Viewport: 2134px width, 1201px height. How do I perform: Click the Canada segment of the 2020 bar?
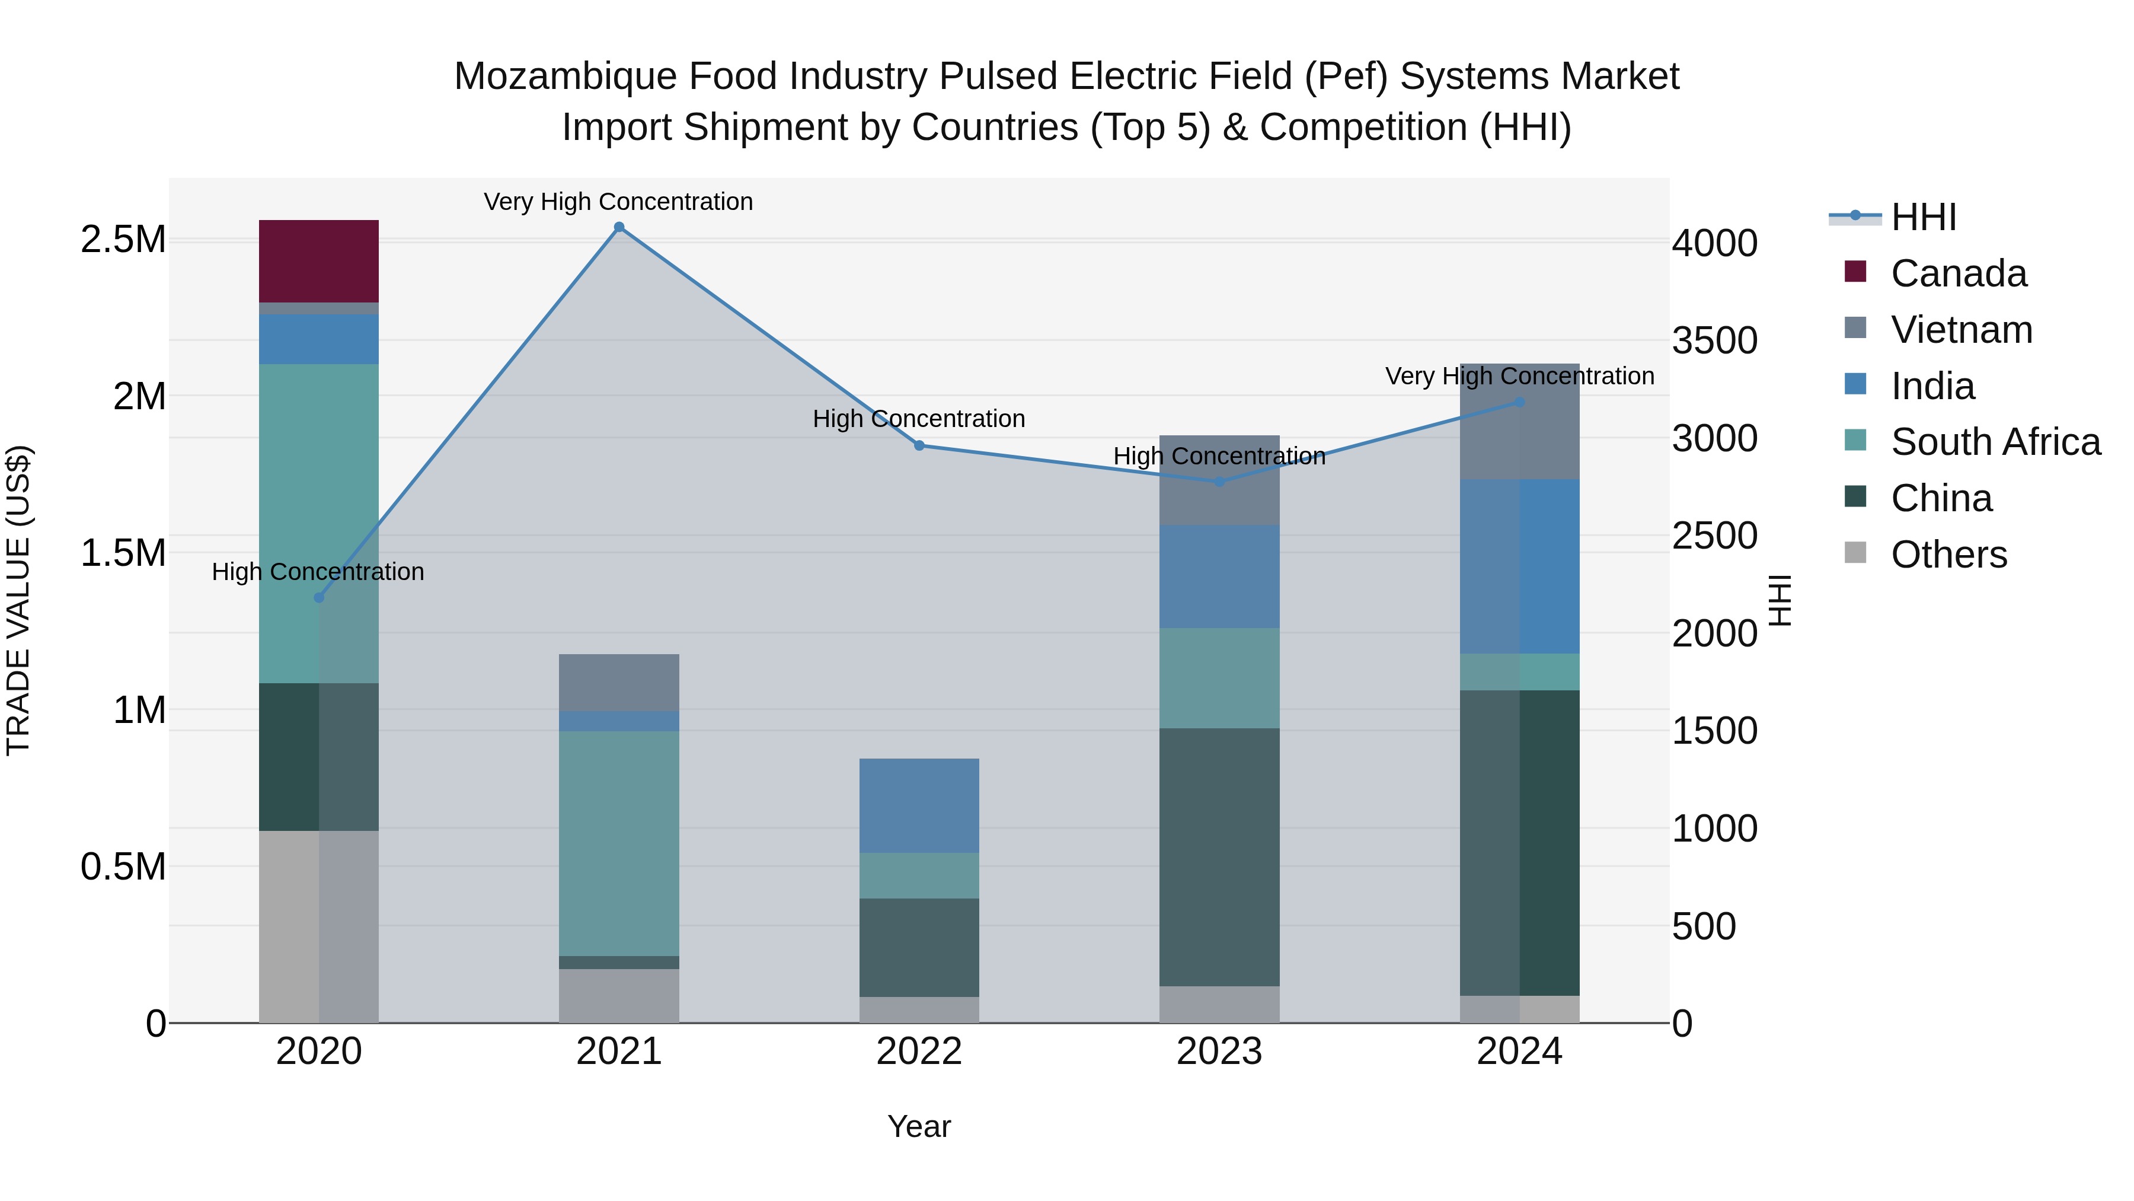coord(319,261)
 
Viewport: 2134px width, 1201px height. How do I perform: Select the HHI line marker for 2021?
coord(619,227)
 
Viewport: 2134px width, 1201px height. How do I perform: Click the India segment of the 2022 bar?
coord(919,805)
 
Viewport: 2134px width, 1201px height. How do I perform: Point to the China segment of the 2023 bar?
coord(1219,856)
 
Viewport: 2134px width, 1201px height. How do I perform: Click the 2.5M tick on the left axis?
coord(123,240)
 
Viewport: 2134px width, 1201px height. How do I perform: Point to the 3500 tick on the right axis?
coord(1714,340)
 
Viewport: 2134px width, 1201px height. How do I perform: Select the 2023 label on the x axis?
coord(1219,1052)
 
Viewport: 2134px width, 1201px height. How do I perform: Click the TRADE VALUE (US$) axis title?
coord(19,600)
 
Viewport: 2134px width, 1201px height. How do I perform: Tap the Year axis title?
coord(919,1126)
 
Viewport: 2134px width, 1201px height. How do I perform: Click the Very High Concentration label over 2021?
coord(618,202)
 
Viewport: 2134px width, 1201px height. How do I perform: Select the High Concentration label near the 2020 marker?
coord(318,572)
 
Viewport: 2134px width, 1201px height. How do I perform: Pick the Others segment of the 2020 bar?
coord(319,926)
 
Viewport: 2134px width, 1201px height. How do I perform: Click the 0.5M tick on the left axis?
coord(123,867)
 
